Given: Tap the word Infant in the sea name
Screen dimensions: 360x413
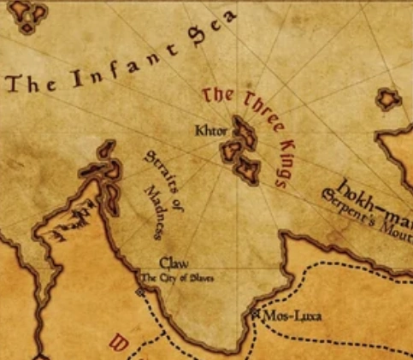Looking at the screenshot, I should [111, 69].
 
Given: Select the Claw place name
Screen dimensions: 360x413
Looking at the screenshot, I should [174, 265].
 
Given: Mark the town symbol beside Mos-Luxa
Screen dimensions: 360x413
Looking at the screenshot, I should [255, 315].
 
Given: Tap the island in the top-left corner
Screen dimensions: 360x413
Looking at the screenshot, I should [31, 15].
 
